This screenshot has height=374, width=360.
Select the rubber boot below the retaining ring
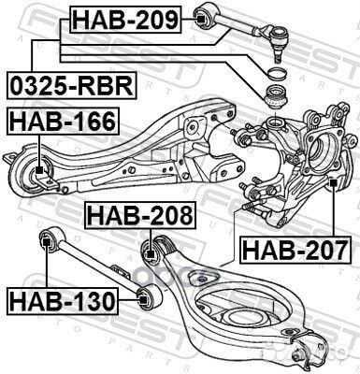click(279, 97)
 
